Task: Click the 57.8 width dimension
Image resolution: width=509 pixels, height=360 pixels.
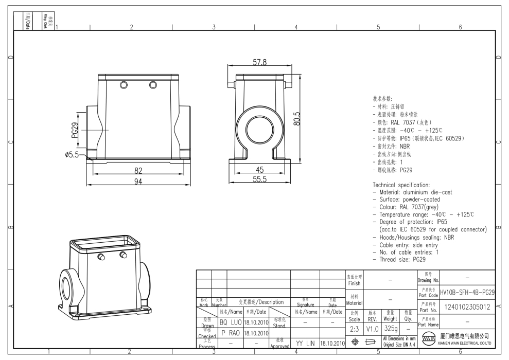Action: click(259, 62)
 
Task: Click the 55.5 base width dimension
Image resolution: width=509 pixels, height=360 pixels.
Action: click(259, 179)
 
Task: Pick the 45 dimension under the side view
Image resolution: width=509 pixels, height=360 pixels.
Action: click(260, 170)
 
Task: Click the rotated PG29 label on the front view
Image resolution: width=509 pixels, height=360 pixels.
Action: click(75, 131)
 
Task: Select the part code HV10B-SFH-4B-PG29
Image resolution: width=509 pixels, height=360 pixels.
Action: click(467, 292)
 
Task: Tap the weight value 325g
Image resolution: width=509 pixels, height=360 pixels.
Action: click(391, 328)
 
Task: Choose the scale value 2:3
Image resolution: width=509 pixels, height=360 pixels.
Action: click(354, 328)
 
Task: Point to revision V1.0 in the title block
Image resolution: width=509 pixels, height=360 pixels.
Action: click(373, 328)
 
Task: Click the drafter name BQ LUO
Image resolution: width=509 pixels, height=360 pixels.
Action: click(230, 322)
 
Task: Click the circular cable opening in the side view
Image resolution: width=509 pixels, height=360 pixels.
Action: click(260, 124)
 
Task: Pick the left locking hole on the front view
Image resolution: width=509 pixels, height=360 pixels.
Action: click(124, 84)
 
